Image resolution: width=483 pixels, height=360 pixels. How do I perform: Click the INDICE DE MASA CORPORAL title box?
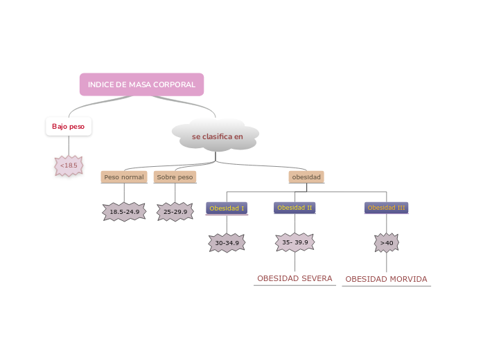click(x=141, y=84)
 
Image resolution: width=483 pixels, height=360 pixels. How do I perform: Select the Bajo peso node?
click(x=68, y=127)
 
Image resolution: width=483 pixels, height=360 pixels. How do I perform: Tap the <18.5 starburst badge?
click(x=69, y=165)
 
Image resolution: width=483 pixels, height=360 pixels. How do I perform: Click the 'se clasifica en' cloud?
click(x=217, y=136)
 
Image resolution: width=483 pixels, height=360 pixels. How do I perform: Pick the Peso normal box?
click(x=124, y=177)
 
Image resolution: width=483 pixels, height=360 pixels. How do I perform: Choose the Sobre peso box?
click(x=175, y=177)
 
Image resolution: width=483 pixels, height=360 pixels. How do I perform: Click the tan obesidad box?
click(x=306, y=177)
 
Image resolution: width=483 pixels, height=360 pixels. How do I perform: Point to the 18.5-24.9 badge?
click(x=125, y=211)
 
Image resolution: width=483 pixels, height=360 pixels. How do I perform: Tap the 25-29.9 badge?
click(x=175, y=211)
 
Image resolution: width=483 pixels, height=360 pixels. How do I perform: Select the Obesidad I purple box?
click(x=227, y=208)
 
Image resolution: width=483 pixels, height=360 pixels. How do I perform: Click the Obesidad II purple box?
click(x=295, y=207)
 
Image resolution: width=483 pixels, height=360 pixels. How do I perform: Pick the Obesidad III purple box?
click(x=386, y=208)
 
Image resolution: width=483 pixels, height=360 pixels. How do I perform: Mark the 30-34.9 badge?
click(x=227, y=243)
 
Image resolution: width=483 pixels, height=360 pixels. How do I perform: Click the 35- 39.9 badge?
click(x=295, y=242)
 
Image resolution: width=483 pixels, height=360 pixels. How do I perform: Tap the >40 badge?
click(x=386, y=243)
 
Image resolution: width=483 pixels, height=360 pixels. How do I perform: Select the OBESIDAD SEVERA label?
click(x=295, y=278)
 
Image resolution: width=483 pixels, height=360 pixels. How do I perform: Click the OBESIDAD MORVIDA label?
click(x=386, y=279)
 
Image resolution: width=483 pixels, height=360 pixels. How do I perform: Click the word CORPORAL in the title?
click(x=174, y=84)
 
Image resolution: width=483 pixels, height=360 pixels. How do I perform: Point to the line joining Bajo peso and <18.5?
click(x=69, y=145)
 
